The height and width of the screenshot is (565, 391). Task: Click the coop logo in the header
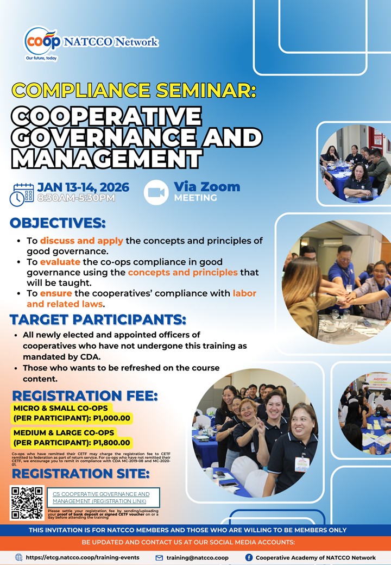[41, 41]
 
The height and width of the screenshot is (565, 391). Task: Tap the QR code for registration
[27, 503]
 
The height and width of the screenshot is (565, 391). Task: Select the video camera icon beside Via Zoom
[156, 192]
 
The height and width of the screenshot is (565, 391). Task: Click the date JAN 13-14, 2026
[83, 187]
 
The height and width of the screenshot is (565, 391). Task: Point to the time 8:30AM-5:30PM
[76, 198]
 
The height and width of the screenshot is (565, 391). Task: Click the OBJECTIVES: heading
[58, 223]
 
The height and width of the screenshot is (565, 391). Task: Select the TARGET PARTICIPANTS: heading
[98, 319]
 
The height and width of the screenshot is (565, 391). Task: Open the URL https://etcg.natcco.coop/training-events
[83, 557]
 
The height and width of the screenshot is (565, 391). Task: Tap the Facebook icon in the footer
[249, 557]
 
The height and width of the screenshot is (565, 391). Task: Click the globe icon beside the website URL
[19, 557]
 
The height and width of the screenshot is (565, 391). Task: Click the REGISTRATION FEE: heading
[85, 395]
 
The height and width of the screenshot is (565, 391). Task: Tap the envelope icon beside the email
[159, 557]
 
